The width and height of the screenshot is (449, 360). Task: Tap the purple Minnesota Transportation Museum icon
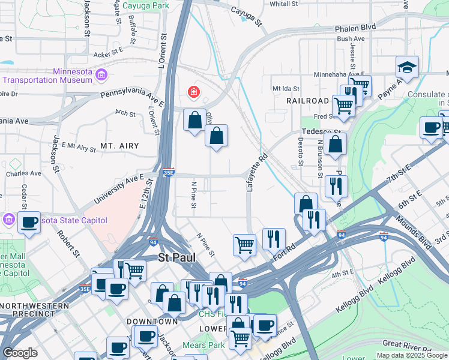point(101,74)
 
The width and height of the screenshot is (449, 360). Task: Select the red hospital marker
point(194,92)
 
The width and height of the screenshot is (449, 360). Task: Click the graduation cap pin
point(407,68)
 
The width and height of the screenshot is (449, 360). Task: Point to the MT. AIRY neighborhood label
point(119,146)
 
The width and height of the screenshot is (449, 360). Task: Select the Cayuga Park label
point(145,6)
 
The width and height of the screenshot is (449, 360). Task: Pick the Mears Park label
point(203,345)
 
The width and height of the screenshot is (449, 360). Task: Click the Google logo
point(20,353)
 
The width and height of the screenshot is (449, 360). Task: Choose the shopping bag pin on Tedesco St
point(337,144)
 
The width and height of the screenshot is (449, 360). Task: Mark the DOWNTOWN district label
point(152,322)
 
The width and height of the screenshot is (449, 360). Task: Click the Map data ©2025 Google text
point(412,355)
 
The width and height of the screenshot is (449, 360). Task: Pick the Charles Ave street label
point(23,173)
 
